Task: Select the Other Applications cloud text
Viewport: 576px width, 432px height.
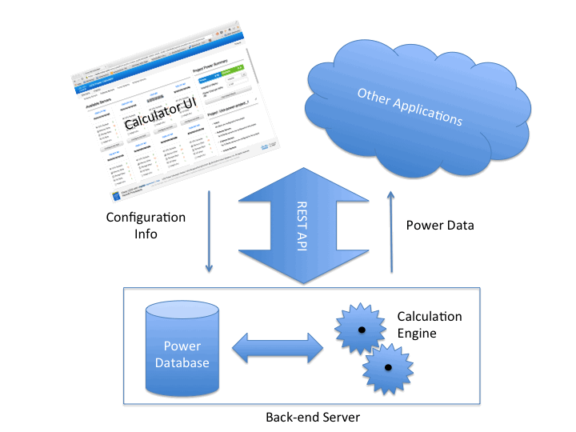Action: (x=410, y=108)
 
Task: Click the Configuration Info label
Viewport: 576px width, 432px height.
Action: (x=146, y=226)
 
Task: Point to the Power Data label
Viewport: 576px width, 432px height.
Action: (x=440, y=226)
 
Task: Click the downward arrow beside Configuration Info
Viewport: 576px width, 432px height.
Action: (x=210, y=232)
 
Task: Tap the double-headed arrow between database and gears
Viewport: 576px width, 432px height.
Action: (x=277, y=348)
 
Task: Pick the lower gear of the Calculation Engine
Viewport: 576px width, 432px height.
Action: (x=388, y=367)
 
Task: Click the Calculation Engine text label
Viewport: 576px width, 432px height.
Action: (x=429, y=325)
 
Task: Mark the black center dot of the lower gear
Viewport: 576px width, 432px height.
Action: (x=388, y=367)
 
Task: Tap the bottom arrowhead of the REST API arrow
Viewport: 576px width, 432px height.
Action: (x=298, y=272)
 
